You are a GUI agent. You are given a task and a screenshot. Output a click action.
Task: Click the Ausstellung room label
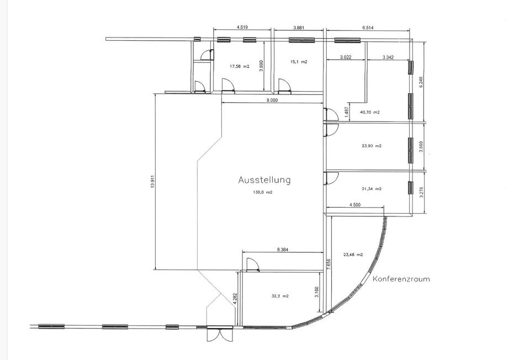pos(264,180)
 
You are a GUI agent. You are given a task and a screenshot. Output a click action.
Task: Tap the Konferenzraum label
pos(401,279)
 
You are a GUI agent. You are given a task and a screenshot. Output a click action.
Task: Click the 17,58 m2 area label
pos(239,67)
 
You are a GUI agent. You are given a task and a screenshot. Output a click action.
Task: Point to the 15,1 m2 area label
pos(299,62)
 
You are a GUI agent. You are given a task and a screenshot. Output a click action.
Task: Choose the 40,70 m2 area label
pos(370,112)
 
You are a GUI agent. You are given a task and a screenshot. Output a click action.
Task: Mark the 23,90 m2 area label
pos(372,146)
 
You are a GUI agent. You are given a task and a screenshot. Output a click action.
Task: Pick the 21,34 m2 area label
pos(372,189)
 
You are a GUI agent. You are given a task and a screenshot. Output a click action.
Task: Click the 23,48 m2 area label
pos(353,255)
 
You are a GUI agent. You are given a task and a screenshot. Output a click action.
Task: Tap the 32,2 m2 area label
pos(280,296)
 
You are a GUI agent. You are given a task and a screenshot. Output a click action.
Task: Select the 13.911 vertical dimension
pos(152,183)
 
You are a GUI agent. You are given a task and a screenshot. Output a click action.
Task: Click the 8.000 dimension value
pos(272,100)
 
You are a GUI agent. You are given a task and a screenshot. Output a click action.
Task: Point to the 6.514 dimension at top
pos(368,28)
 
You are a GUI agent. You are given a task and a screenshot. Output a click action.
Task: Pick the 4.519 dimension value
pos(242,28)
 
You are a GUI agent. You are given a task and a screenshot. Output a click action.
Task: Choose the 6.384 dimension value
pos(283,250)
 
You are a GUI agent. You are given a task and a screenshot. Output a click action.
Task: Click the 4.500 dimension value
pos(354,204)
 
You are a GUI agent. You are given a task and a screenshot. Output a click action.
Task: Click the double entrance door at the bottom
pos(220,335)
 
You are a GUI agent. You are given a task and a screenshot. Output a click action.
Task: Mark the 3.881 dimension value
pos(299,28)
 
